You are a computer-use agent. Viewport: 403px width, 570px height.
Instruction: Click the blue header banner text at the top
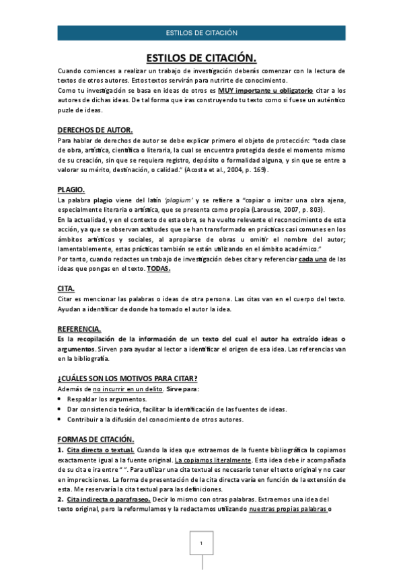tap(201, 32)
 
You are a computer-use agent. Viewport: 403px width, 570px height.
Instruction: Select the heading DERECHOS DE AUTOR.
tap(95, 130)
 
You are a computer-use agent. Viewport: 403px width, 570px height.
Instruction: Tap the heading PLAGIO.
tap(71, 190)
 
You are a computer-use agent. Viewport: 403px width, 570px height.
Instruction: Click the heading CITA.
tap(66, 288)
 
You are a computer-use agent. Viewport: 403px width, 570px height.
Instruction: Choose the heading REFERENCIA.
tap(79, 329)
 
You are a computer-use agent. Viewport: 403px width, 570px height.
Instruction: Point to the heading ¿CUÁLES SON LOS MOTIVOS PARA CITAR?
tap(127, 379)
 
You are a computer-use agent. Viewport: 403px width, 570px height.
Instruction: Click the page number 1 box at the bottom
tap(201, 543)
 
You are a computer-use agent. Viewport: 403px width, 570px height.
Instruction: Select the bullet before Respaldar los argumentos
tap(61, 399)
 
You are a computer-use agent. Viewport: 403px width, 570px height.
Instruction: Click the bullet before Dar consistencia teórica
tap(61, 409)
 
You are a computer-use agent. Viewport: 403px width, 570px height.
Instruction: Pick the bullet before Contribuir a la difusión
tap(61, 419)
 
